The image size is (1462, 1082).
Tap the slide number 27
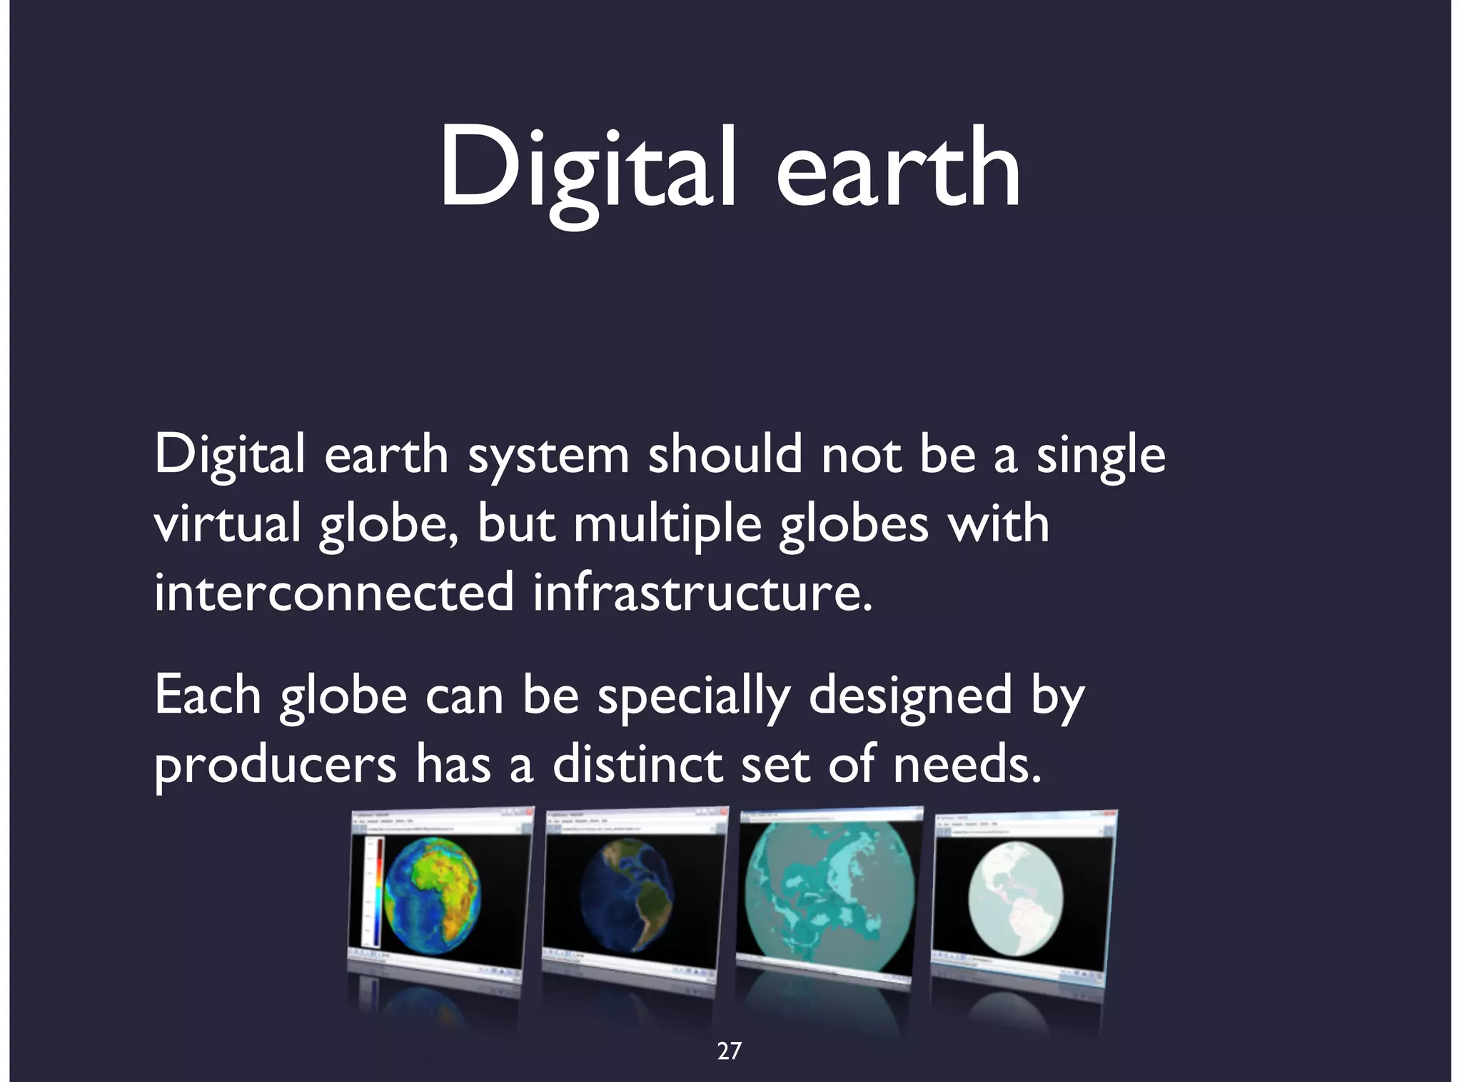tap(729, 1051)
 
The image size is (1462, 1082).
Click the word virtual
tap(227, 523)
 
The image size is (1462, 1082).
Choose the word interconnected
tap(333, 592)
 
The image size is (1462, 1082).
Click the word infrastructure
tap(702, 592)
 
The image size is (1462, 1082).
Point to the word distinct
tap(637, 763)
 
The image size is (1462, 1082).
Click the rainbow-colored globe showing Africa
tap(432, 896)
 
